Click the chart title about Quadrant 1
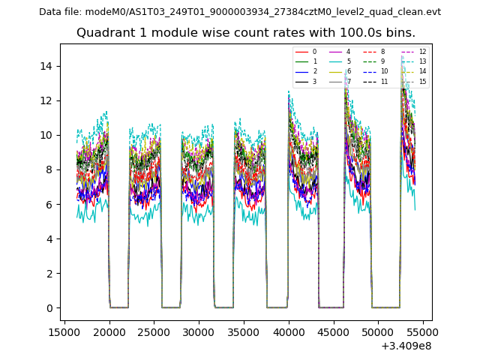click(246, 33)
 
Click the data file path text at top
click(240, 12)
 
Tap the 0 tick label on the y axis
click(50, 308)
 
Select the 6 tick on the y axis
click(50, 205)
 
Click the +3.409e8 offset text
click(405, 346)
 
